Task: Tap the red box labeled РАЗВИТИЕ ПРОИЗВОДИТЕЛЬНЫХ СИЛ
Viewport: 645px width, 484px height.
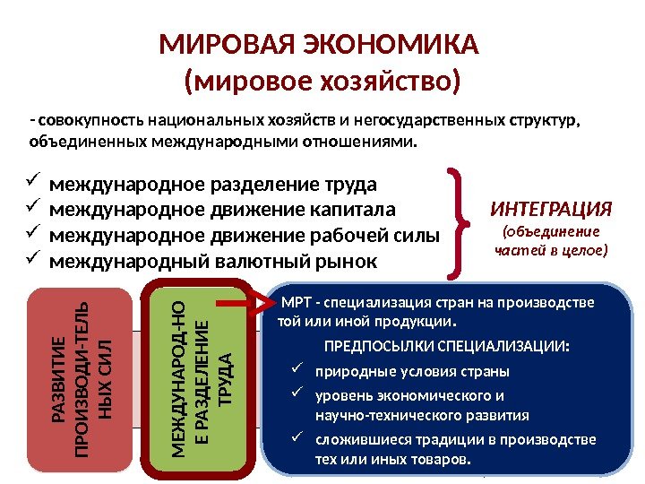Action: click(80, 380)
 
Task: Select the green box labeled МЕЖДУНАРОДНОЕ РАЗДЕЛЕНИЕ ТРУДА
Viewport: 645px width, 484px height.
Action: click(201, 380)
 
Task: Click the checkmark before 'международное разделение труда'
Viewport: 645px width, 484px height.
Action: click(33, 184)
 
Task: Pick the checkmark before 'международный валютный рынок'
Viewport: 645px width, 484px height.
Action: click(33, 260)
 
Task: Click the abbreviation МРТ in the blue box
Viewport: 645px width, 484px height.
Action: click(296, 302)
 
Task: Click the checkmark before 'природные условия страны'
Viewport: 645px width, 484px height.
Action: click(300, 369)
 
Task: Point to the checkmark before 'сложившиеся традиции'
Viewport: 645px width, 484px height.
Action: click(300, 437)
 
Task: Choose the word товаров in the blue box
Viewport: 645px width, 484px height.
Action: click(439, 460)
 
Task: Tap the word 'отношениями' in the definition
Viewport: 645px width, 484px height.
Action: click(365, 142)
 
